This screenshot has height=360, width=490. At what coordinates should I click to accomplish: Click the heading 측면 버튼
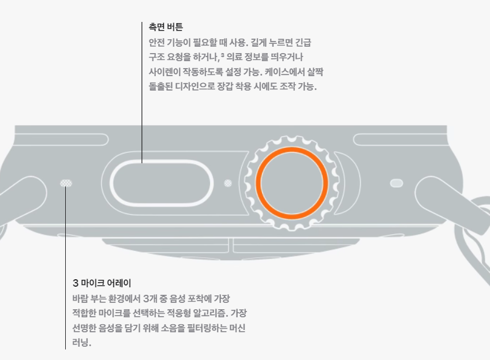click(166, 27)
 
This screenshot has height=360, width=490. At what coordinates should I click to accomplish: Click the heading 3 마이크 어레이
click(102, 283)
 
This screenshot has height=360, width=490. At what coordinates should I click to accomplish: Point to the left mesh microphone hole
click(67, 183)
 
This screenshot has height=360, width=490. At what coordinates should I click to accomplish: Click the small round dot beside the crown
click(228, 183)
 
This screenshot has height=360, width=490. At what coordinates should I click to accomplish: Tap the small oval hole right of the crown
click(396, 183)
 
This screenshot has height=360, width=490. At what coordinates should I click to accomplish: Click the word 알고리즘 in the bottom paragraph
click(213, 313)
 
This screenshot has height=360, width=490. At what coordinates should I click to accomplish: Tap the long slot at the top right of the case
click(399, 140)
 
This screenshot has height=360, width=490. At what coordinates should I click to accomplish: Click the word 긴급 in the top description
click(307, 43)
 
